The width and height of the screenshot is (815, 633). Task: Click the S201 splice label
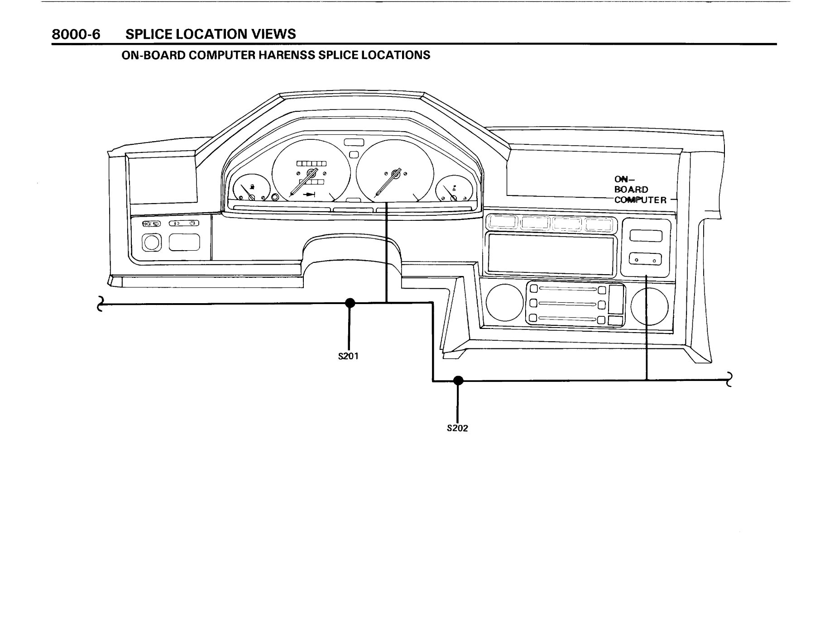click(349, 356)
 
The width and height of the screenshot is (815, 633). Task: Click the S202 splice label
click(457, 428)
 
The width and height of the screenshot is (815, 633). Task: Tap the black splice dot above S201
click(350, 303)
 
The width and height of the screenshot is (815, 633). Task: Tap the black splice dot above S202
click(458, 381)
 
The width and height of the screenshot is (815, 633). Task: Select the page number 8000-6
click(76, 34)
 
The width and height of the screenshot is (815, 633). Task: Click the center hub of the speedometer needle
click(311, 173)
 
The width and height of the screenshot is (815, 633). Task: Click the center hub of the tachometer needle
click(395, 173)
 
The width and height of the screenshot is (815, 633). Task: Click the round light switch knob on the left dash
click(151, 243)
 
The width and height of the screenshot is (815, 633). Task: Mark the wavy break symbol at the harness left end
click(101, 304)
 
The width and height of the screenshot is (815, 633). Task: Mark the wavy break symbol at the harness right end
click(729, 380)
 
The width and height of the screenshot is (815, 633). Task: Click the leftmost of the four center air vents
click(503, 223)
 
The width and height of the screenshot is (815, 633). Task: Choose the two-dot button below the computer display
click(645, 260)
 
